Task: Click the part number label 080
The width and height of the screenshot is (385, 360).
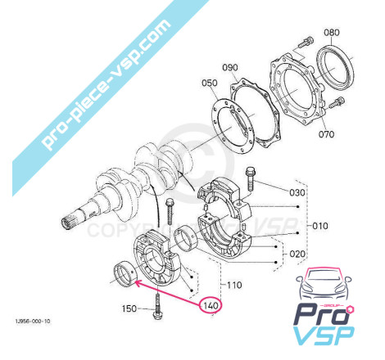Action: pos(332,33)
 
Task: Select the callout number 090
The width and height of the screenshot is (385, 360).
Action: pos(230,67)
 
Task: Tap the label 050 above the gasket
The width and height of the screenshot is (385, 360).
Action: pos(210,83)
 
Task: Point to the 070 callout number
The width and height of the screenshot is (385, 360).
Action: pos(326,134)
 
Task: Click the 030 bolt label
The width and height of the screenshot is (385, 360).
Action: pos(297,192)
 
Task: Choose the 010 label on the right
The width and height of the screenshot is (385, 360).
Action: pos(320,226)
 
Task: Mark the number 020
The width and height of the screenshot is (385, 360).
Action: pos(297,254)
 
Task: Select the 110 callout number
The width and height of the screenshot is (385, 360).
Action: pos(234,286)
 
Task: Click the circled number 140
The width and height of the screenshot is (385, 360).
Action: pos(211,305)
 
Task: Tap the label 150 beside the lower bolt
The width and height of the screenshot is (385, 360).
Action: pos(129,308)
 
